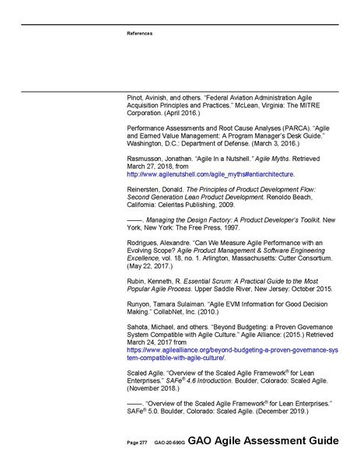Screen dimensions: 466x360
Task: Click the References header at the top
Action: (x=140, y=33)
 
